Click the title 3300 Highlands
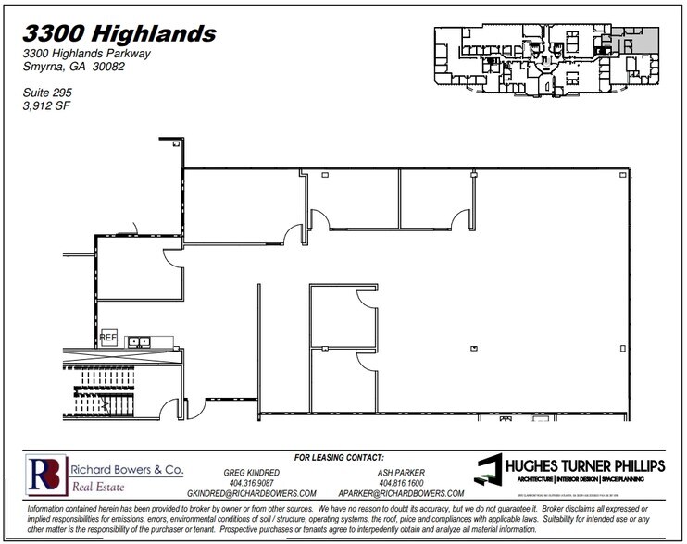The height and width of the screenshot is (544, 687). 119,34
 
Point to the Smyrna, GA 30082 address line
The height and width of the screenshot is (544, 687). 74,67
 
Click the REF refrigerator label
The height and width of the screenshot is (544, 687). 107,338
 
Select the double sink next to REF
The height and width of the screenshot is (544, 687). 139,341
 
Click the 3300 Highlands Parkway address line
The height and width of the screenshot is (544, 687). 87,54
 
